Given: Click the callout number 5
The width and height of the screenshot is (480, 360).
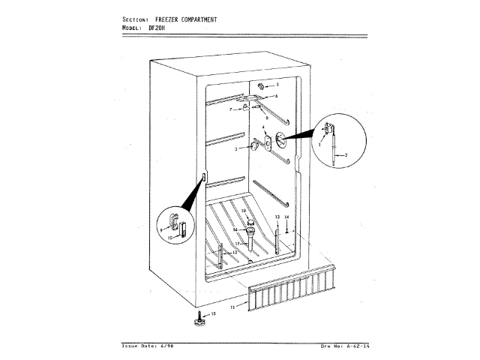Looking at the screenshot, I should [x=276, y=85].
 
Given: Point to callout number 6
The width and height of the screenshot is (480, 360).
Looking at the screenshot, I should [x=276, y=97].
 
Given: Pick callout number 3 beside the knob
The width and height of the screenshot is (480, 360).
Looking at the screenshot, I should [x=235, y=150].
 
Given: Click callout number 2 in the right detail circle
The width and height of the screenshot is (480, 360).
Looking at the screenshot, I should [x=346, y=154].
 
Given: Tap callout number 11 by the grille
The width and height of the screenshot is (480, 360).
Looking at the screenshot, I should [x=232, y=307].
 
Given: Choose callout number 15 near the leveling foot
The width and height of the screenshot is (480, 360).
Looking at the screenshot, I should [x=213, y=313].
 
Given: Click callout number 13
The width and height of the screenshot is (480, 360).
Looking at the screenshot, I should [x=276, y=217].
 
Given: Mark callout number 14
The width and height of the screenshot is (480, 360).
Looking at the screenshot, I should [x=286, y=217].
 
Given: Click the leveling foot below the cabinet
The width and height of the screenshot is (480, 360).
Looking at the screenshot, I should [x=199, y=320].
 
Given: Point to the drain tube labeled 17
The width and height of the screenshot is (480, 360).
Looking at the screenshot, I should [x=250, y=243].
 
